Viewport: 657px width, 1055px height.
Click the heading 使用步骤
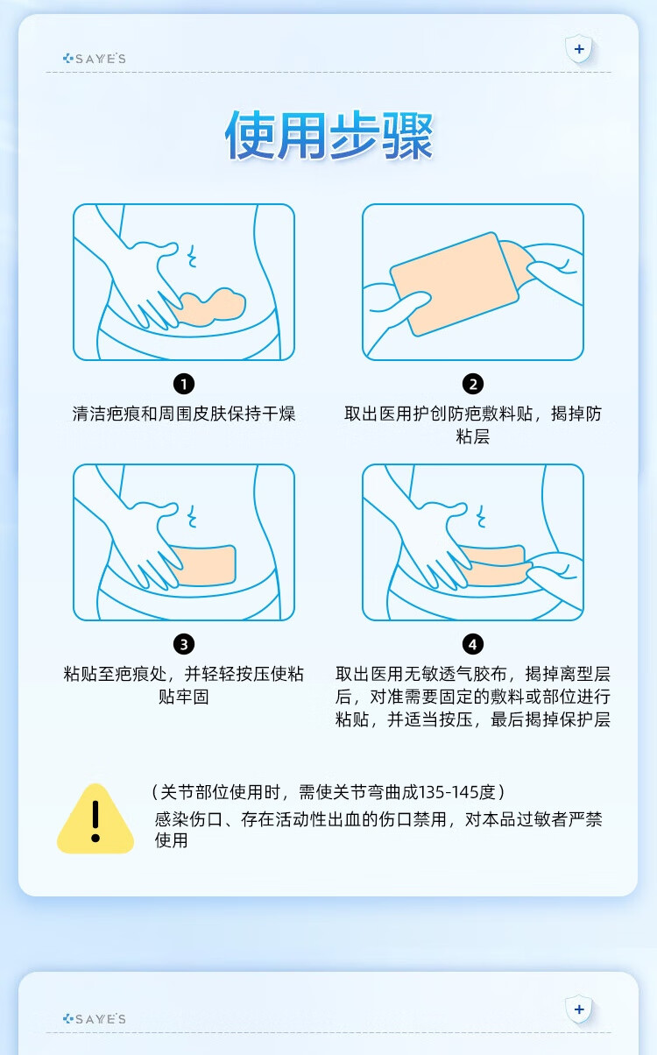328,135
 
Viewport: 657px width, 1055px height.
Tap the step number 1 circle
184,384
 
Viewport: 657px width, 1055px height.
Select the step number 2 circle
473,384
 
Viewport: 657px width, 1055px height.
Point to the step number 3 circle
184,644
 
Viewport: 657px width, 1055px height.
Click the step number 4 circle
473,644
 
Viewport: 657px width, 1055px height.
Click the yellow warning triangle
95,819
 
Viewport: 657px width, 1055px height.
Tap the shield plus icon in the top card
579,48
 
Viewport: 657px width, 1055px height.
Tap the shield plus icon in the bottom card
579,1009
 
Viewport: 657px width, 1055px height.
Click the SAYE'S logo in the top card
95,59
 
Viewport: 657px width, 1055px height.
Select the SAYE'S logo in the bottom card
95,1019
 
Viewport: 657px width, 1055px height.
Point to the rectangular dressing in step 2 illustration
455,284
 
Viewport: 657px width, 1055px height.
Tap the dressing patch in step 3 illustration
205,565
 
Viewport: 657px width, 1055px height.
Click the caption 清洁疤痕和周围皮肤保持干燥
184,414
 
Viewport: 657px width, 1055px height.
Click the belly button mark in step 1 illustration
192,256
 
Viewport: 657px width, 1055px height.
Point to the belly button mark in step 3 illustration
192,516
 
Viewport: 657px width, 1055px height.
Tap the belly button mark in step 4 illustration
481,516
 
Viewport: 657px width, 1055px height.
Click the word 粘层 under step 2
473,436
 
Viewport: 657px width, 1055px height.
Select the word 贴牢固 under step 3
184,697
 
